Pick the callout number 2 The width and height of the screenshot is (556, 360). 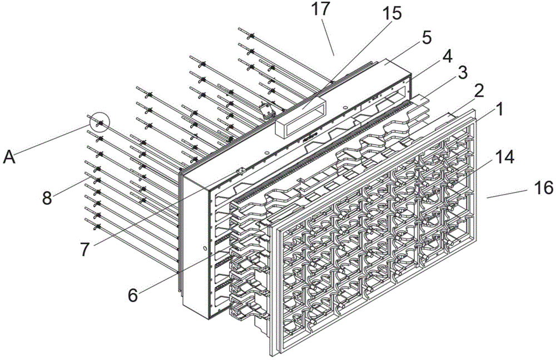tap(479, 90)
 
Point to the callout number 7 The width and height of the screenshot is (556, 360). tap(85, 249)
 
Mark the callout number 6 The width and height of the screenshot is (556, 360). tap(132, 294)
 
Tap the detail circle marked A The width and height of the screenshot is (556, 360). tap(100, 122)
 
